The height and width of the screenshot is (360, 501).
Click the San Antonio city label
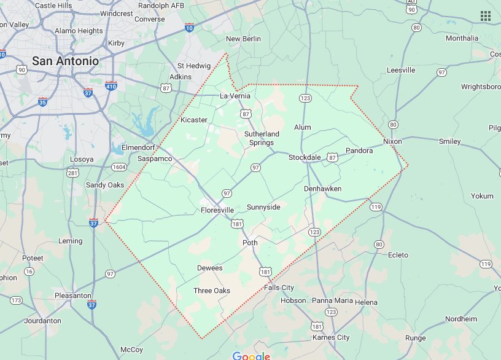click(x=64, y=61)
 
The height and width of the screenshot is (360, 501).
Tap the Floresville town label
click(x=217, y=210)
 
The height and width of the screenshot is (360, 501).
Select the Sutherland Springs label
click(x=262, y=138)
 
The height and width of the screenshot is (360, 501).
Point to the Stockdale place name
click(x=305, y=158)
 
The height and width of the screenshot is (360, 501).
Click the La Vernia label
click(x=235, y=96)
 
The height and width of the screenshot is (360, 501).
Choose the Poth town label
click(x=250, y=243)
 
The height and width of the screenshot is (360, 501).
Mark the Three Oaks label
click(x=211, y=291)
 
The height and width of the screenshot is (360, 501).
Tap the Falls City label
click(x=279, y=288)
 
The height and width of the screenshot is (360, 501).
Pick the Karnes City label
click(x=330, y=337)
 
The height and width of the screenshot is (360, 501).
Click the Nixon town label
click(x=392, y=141)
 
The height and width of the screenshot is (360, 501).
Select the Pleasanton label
click(x=72, y=295)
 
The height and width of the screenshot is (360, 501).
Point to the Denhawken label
click(x=322, y=189)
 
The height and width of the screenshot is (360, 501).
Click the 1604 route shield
click(x=119, y=167)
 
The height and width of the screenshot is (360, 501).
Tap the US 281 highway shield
click(x=73, y=173)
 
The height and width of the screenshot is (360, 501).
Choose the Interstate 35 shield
click(x=42, y=101)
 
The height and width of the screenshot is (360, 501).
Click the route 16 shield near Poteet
click(x=28, y=271)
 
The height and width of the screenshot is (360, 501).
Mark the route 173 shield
click(x=16, y=300)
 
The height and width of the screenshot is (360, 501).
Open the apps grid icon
click(x=485, y=16)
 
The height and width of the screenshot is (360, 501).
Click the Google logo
click(x=251, y=356)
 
